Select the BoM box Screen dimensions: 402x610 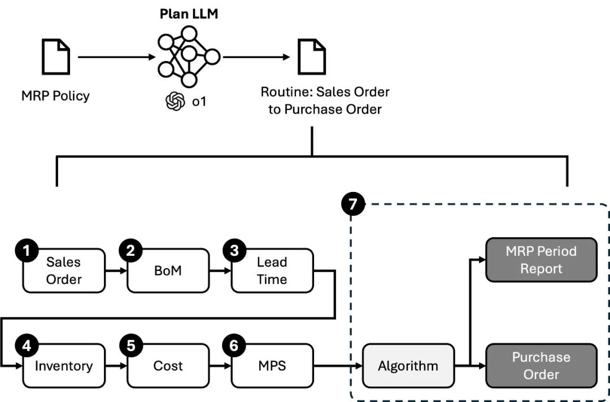[x=168, y=271]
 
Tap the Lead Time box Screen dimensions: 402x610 [x=272, y=271]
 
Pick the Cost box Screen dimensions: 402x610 [x=168, y=366]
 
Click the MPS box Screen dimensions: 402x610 [x=272, y=366]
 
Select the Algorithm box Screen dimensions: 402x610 [x=408, y=366]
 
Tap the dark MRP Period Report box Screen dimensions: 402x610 [x=541, y=260]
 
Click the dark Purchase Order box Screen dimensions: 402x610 [x=541, y=366]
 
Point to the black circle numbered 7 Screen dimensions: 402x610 [x=354, y=204]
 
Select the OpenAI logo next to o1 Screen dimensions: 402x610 [x=175, y=102]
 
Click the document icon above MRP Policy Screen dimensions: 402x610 [x=56, y=58]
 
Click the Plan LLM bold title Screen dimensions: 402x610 [x=188, y=14]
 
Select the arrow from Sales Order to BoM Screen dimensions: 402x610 [x=116, y=272]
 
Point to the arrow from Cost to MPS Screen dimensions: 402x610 [x=220, y=366]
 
